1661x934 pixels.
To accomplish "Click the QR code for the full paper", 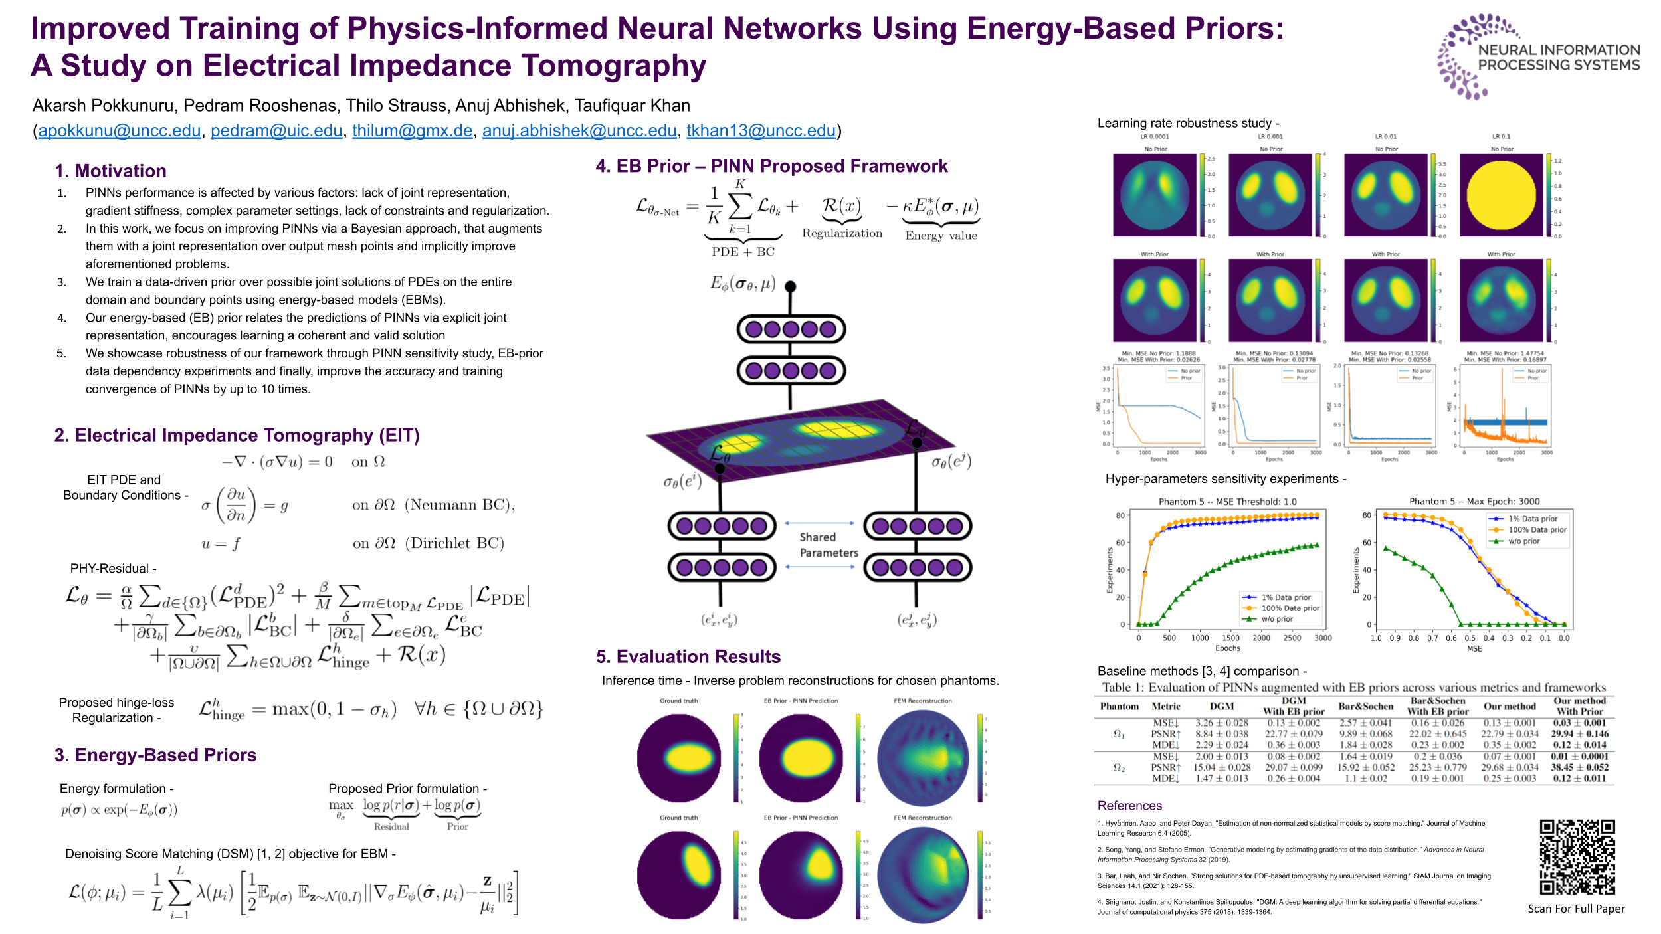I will pyautogui.click(x=1577, y=857).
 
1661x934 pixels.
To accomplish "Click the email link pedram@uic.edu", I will pyautogui.click(x=276, y=130).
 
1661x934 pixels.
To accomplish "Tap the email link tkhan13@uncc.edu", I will pyautogui.click(x=761, y=130).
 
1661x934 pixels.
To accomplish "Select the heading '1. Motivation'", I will pyautogui.click(x=110, y=171).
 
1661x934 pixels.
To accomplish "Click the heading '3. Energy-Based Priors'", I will pyautogui.click(x=155, y=755).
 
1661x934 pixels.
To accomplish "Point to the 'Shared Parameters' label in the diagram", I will pyautogui.click(x=828, y=545).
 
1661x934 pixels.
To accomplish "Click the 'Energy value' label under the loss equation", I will pyautogui.click(x=941, y=236).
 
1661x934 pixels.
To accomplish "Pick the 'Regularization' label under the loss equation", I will pyautogui.click(x=842, y=233).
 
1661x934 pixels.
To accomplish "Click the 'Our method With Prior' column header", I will pyautogui.click(x=1579, y=705).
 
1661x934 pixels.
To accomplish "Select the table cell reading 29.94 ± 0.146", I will pyautogui.click(x=1579, y=734).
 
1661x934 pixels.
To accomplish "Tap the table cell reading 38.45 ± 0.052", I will pyautogui.click(x=1579, y=767).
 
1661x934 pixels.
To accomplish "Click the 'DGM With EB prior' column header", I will pyautogui.click(x=1294, y=705).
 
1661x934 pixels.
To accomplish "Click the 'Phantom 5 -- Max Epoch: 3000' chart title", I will pyautogui.click(x=1474, y=502).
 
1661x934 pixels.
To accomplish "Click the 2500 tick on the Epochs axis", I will pyautogui.click(x=1292, y=638).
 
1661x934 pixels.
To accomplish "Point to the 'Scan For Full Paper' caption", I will pyautogui.click(x=1576, y=909).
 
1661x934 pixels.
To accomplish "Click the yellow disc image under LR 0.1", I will pyautogui.click(x=1500, y=195).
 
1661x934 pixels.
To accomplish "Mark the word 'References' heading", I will pyautogui.click(x=1129, y=806).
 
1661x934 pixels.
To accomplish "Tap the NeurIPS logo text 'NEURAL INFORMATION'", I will pyautogui.click(x=1559, y=50).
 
